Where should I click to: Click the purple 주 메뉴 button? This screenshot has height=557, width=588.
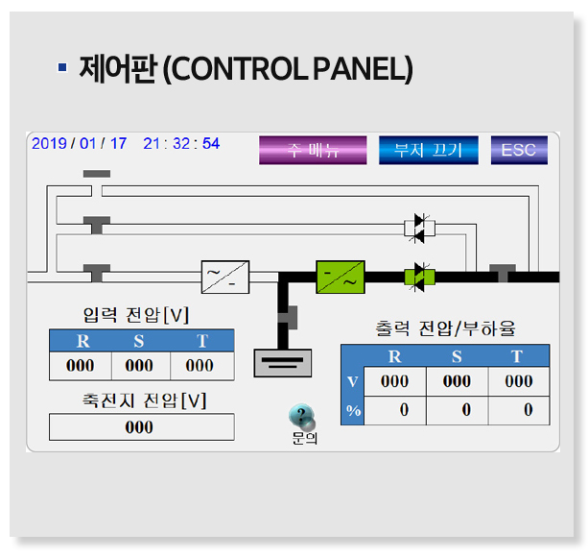313,150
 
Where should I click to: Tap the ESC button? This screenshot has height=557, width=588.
519,150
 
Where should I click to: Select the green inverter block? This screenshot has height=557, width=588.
341,277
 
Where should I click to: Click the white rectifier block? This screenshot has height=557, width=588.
225,277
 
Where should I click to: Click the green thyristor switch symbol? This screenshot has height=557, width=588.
419,277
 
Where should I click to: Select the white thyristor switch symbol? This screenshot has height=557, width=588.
419,228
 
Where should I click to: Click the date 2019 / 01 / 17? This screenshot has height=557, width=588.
79,143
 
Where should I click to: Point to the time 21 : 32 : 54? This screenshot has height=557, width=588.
181,143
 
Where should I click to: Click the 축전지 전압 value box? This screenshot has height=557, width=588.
141,427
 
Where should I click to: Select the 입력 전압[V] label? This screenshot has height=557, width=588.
136,315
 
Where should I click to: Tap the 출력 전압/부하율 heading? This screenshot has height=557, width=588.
445,329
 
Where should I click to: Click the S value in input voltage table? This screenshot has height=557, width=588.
140,366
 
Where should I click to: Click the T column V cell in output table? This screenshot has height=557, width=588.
518,381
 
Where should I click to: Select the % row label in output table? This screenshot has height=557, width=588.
351,410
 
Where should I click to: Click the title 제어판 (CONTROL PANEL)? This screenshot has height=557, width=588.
246,69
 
